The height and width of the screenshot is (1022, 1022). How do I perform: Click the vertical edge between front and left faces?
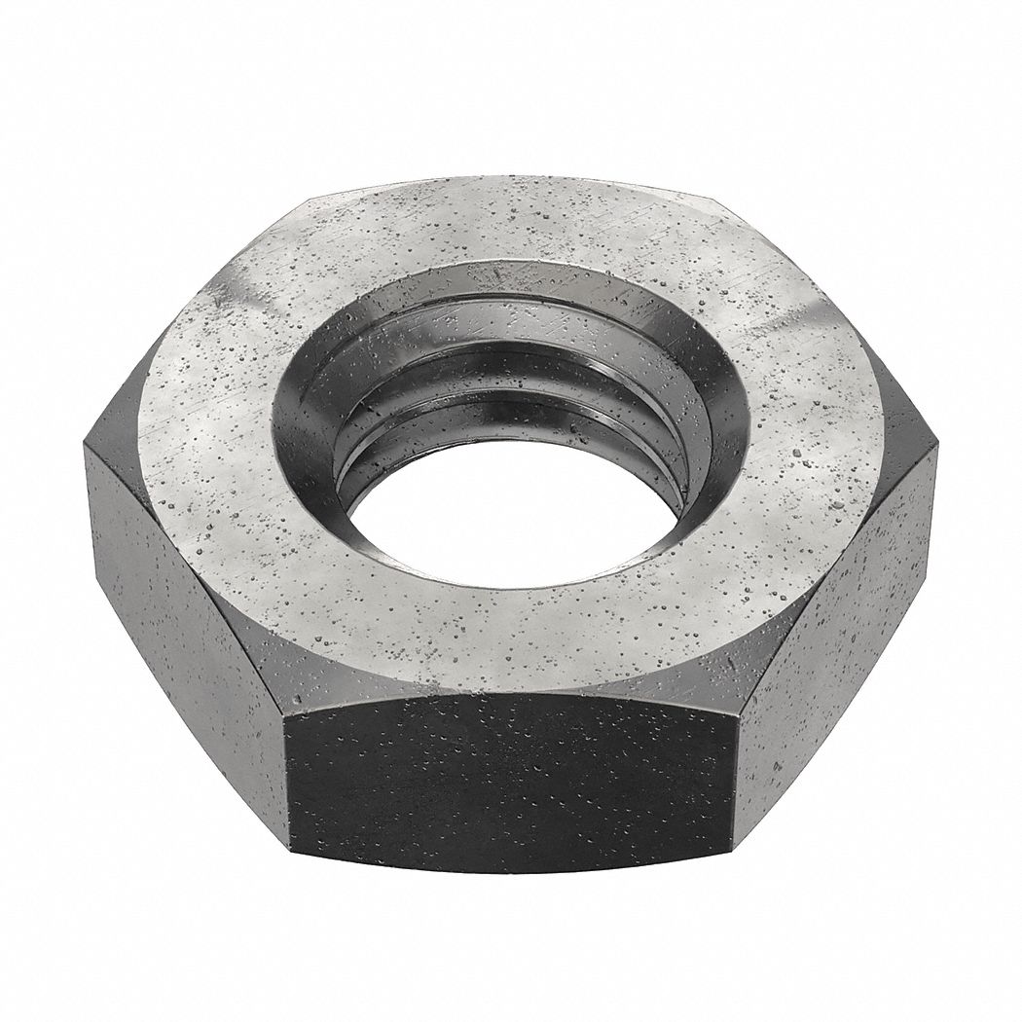(286, 769)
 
